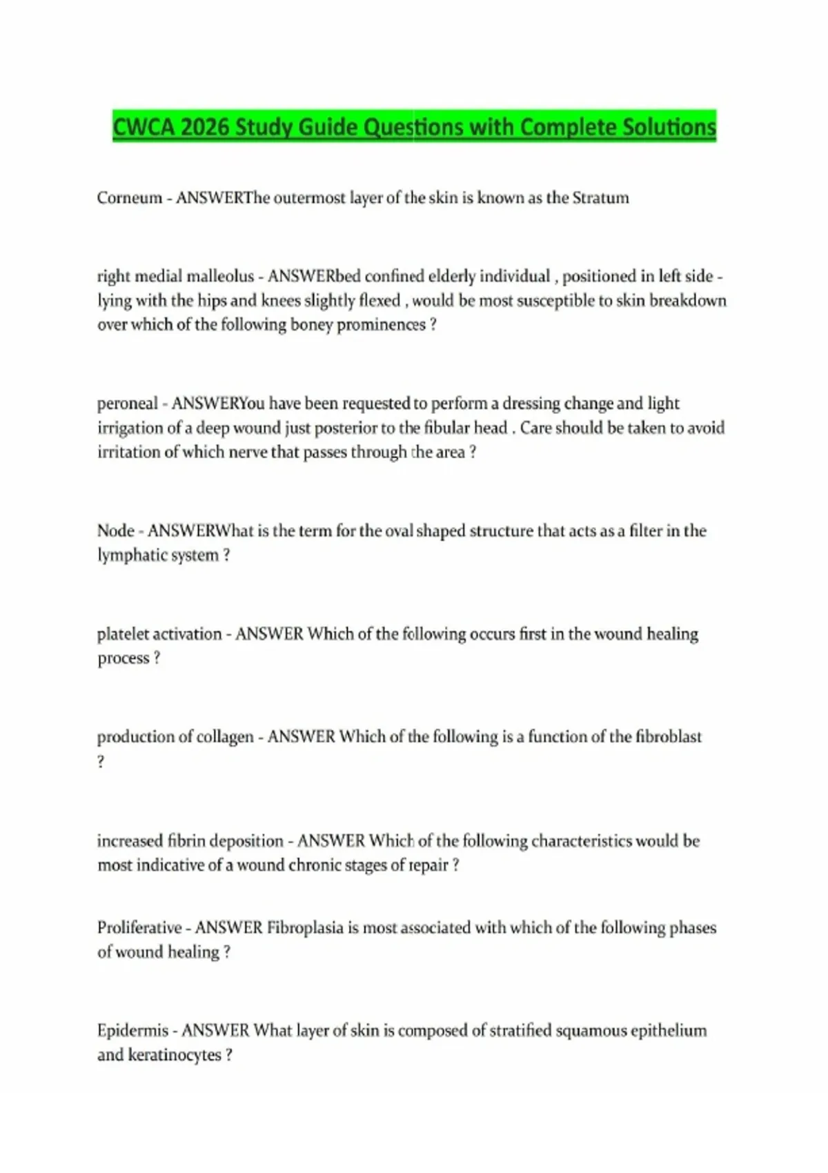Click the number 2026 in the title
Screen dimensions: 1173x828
204,127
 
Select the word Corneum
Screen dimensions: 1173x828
129,198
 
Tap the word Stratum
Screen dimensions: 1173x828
600,198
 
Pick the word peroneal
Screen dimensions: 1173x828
128,404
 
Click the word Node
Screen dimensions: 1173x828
115,531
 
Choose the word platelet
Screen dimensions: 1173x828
124,634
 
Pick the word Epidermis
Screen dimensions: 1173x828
132,1031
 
